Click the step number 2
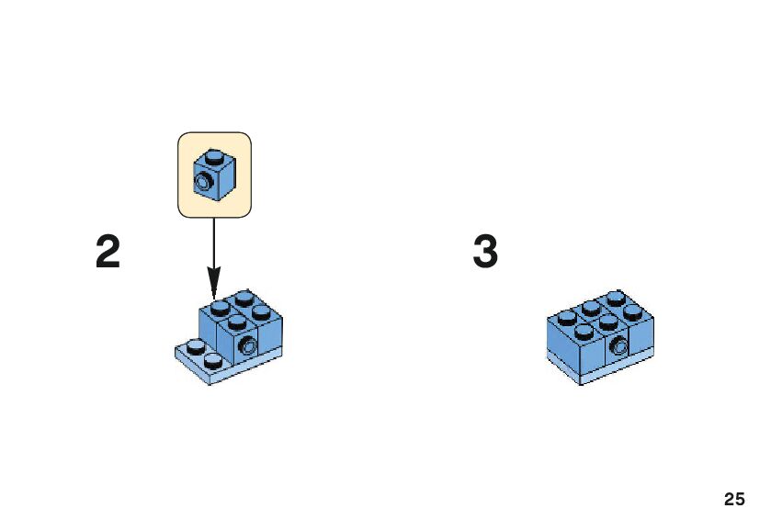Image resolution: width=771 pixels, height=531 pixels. [108, 252]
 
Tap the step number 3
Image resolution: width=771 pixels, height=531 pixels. [485, 252]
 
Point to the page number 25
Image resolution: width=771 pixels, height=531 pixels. [733, 500]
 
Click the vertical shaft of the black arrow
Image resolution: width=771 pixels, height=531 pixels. [213, 243]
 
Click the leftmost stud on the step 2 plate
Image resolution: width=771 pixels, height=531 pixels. [195, 345]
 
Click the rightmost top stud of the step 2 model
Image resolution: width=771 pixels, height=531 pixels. [262, 312]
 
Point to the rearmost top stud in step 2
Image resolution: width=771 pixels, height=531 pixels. [244, 298]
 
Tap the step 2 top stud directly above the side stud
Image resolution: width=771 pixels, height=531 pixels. [238, 322]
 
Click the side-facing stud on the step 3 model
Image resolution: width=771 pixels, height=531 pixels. [619, 346]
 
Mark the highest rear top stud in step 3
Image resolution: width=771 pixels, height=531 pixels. [615, 298]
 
